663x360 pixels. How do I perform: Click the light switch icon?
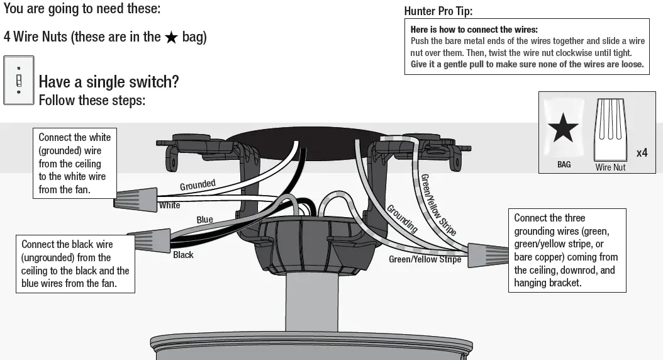pyautogui.click(x=19, y=80)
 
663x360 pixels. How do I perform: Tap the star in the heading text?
pyautogui.click(x=171, y=37)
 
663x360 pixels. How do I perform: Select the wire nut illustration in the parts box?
pyautogui.click(x=611, y=130)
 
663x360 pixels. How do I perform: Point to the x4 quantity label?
pyautogui.click(x=642, y=153)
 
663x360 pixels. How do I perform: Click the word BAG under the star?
pyautogui.click(x=564, y=164)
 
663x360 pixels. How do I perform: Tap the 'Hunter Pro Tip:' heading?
pyautogui.click(x=438, y=11)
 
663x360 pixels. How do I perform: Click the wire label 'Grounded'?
pyautogui.click(x=198, y=185)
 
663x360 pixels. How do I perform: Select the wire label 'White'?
pyautogui.click(x=169, y=205)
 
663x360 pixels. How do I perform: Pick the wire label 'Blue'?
pyautogui.click(x=204, y=220)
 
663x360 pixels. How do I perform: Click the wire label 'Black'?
pyautogui.click(x=183, y=255)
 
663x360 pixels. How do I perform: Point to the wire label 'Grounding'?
pyautogui.click(x=401, y=218)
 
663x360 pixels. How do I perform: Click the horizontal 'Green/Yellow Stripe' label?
pyautogui.click(x=425, y=259)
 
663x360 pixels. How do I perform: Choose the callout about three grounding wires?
pyautogui.click(x=567, y=250)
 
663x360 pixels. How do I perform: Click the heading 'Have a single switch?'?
pyautogui.click(x=109, y=82)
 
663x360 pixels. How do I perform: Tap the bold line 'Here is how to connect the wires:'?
pyautogui.click(x=474, y=30)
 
